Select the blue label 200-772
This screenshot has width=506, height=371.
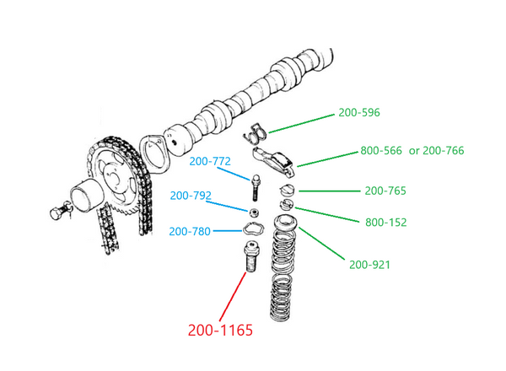point(210,161)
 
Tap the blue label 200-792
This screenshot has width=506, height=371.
point(191,196)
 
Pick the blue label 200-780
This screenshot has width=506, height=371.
point(189,231)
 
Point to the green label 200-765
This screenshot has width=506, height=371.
point(385,191)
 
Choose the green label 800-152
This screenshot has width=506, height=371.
point(385,223)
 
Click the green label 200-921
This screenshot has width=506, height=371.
point(369,265)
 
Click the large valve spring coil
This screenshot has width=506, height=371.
point(284,278)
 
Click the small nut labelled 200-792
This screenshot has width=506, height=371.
point(252,210)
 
